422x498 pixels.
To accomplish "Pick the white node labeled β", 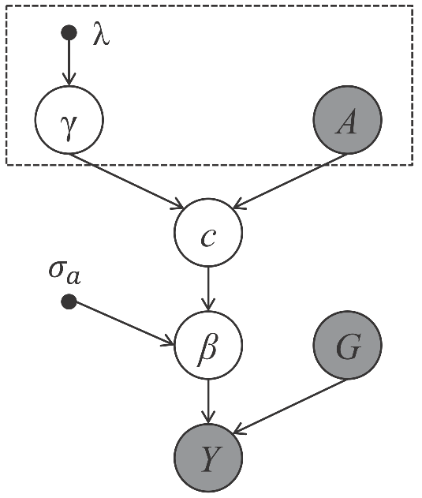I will pos(207,346).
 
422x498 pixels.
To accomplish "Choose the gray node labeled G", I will pos(346,346).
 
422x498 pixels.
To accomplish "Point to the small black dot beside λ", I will pos(69,32).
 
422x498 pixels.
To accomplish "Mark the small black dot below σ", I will pos(69,301).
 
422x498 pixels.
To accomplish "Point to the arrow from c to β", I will pos(207,290).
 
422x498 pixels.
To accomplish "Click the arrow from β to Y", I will pos(207,402).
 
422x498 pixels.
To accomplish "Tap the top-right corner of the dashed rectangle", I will pos(413,7).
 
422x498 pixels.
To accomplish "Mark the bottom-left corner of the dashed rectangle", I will pos(7,164).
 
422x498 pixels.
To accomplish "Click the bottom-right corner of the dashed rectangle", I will pos(413,164).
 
